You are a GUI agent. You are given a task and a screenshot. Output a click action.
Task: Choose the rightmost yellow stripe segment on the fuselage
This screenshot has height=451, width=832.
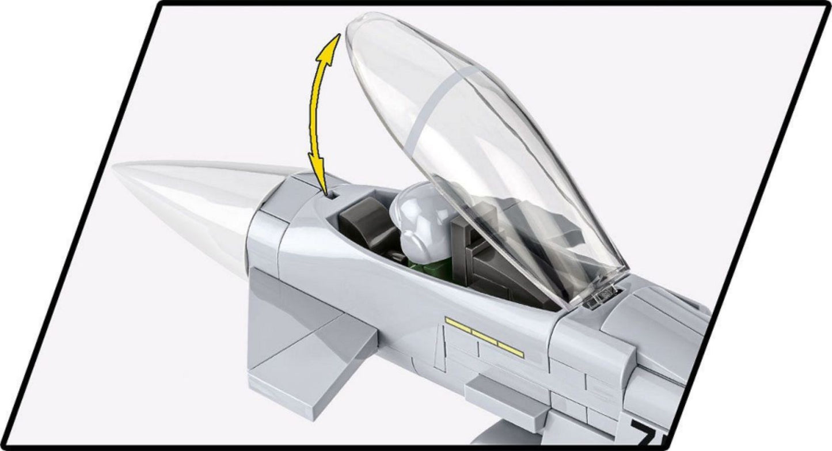[x=511, y=347]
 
